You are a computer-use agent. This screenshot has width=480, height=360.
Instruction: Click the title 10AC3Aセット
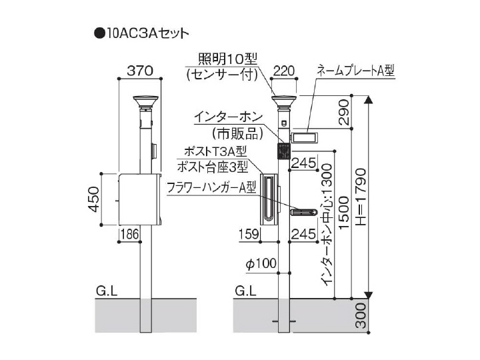click(147, 33)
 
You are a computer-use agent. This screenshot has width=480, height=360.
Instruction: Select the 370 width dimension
click(140, 71)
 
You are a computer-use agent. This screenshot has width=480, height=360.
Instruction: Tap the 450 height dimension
click(95, 199)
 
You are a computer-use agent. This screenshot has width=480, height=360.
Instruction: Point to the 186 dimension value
click(130, 234)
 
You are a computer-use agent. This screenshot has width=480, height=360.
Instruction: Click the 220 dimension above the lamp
click(284, 71)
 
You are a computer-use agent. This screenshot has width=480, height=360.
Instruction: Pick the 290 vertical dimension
click(345, 112)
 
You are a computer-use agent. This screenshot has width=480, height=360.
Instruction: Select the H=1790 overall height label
click(361, 197)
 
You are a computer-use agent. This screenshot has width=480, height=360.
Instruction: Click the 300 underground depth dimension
click(361, 315)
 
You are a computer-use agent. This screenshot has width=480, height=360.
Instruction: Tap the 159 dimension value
click(249, 234)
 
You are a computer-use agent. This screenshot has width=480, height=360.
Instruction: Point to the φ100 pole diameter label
click(261, 263)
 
